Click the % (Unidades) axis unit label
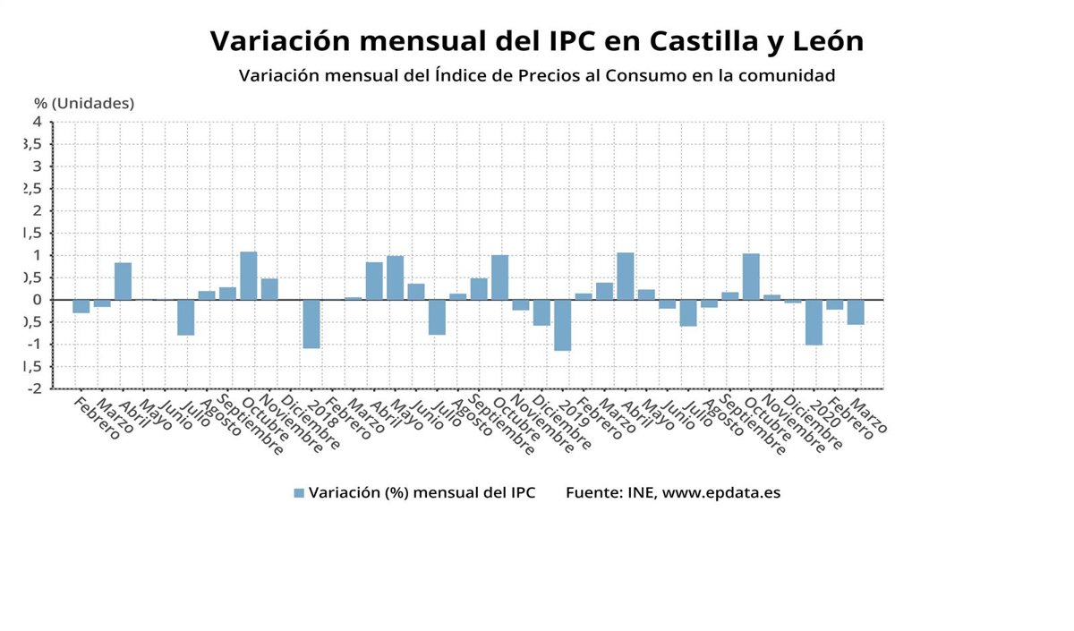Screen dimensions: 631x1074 [84, 103]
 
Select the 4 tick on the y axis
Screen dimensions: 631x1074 [37, 122]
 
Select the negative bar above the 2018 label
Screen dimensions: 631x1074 [311, 324]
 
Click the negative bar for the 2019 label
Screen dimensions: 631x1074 [562, 325]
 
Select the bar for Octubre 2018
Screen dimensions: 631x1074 [499, 277]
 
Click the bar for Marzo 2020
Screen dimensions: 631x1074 [856, 311]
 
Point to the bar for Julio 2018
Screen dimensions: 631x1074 [437, 317]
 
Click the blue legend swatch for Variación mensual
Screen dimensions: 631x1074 [299, 493]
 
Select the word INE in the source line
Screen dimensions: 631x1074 [642, 493]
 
